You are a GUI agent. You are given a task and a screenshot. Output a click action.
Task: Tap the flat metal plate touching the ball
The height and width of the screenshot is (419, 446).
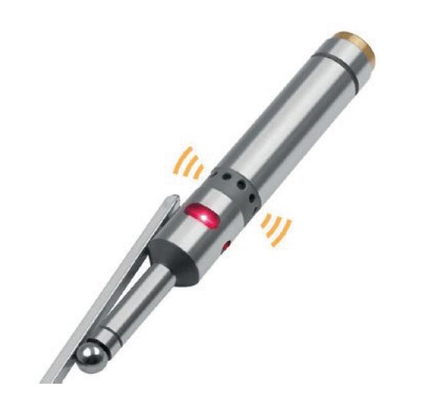click(115, 292)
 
